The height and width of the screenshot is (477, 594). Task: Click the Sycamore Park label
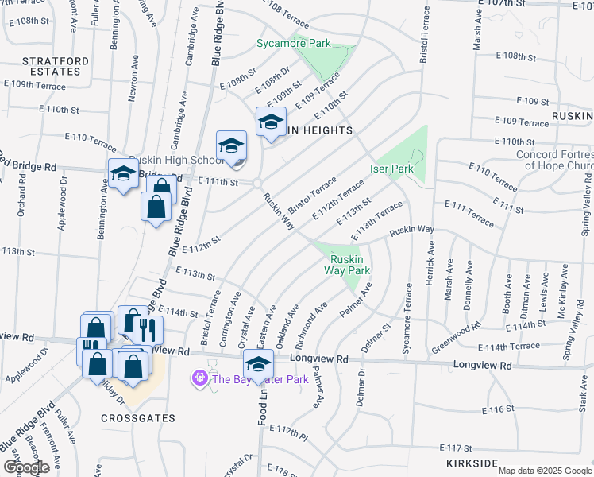point(293,44)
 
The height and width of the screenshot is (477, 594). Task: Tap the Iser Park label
point(391,169)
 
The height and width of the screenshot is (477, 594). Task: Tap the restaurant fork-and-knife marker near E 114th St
point(148,328)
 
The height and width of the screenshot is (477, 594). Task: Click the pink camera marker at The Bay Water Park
point(197,379)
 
